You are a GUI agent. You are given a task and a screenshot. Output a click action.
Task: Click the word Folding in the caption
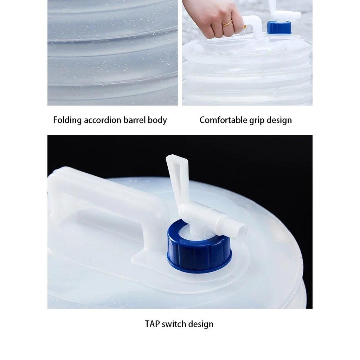(67, 120)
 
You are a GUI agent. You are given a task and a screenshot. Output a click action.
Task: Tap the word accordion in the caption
(102, 120)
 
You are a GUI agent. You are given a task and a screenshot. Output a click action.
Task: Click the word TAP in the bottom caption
(153, 324)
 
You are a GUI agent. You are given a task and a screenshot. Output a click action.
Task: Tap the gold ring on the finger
(227, 24)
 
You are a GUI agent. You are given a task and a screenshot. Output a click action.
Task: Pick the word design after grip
(279, 120)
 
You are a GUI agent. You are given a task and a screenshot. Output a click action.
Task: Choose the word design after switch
(201, 324)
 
